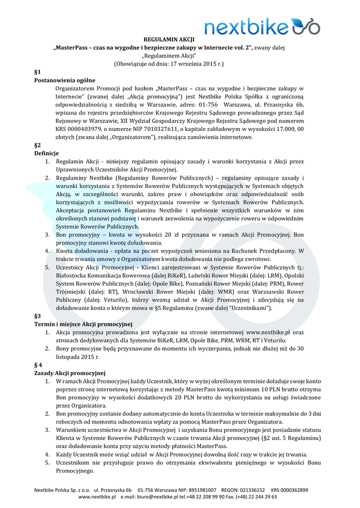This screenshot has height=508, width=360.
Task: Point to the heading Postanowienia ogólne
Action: pyautogui.click(x=65, y=80)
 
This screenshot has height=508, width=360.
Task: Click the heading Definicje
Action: pyautogui.click(x=46, y=153)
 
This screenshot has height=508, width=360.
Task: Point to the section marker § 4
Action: pyautogui.click(x=38, y=365)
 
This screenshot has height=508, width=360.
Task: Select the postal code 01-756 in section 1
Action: pyautogui.click(x=209, y=105)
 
